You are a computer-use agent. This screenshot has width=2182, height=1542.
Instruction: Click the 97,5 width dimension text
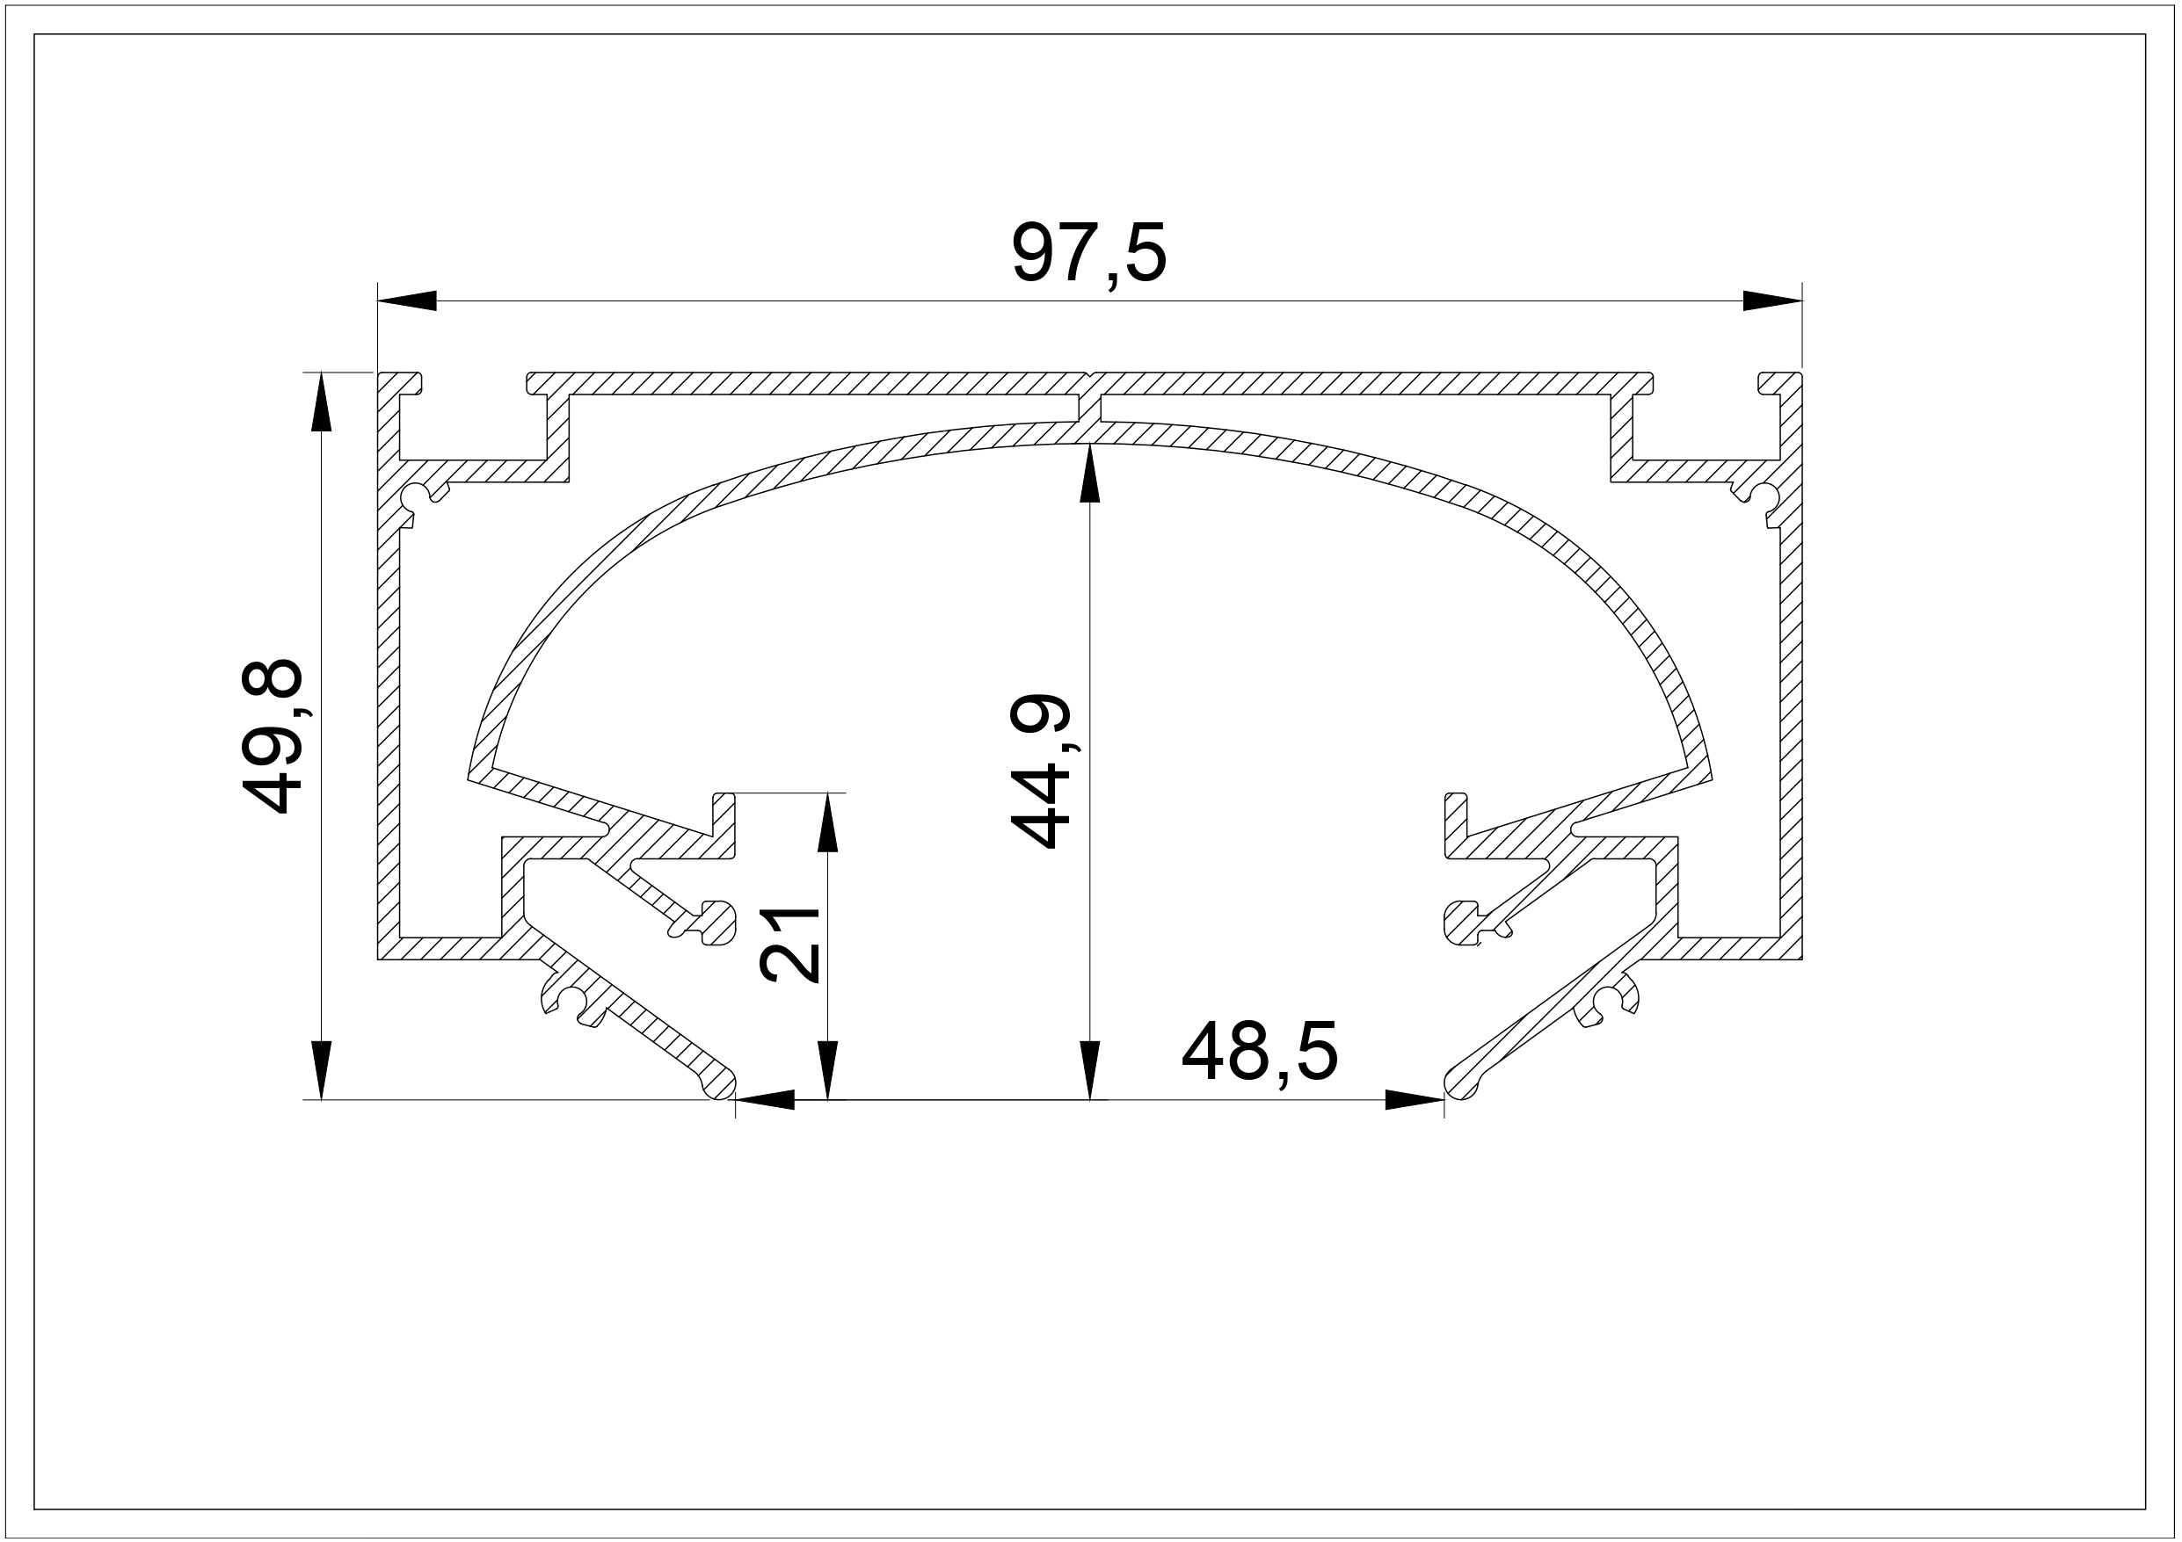click(1088, 253)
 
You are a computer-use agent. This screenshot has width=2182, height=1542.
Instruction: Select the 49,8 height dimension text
click(273, 736)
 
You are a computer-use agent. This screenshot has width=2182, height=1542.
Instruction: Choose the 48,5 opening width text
click(1259, 1052)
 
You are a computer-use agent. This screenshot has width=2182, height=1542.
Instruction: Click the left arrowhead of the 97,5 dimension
click(407, 301)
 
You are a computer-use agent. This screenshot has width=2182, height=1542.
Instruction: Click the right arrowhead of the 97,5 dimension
click(1772, 301)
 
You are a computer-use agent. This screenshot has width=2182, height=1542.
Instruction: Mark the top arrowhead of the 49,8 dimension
click(322, 401)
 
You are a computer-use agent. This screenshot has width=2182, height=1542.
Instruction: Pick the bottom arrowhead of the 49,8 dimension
click(322, 1070)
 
